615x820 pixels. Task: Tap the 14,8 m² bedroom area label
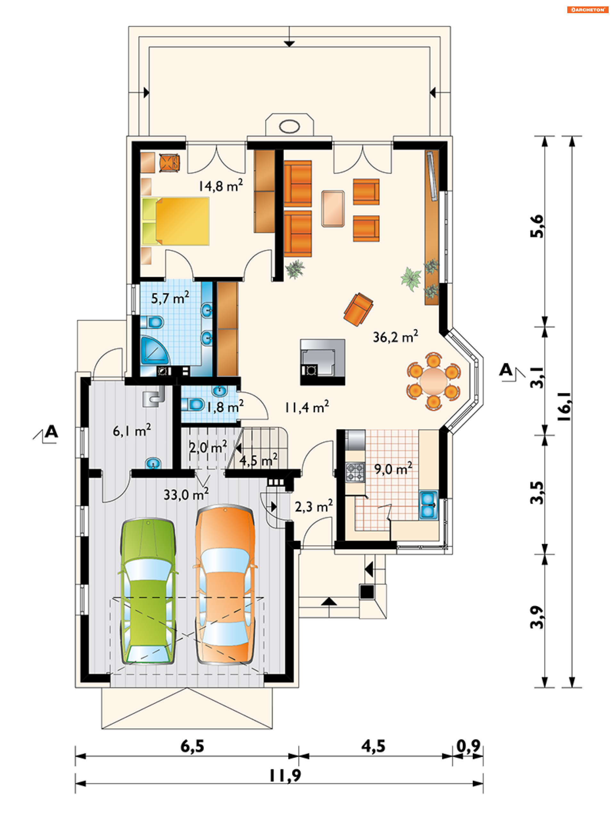(221, 185)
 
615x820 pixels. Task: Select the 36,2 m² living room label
(395, 336)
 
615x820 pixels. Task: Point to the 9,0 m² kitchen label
(393, 469)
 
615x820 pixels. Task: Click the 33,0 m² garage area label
(186, 494)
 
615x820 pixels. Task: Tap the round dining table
(433, 381)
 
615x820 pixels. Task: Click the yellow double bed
(176, 221)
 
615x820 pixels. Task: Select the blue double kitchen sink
(428, 505)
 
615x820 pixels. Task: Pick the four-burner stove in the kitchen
(355, 472)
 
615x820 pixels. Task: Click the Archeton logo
(587, 10)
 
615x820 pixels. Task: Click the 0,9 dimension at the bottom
(468, 746)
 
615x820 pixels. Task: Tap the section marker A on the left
(51, 432)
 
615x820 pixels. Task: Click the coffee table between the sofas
(333, 208)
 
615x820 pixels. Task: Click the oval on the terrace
(289, 126)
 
